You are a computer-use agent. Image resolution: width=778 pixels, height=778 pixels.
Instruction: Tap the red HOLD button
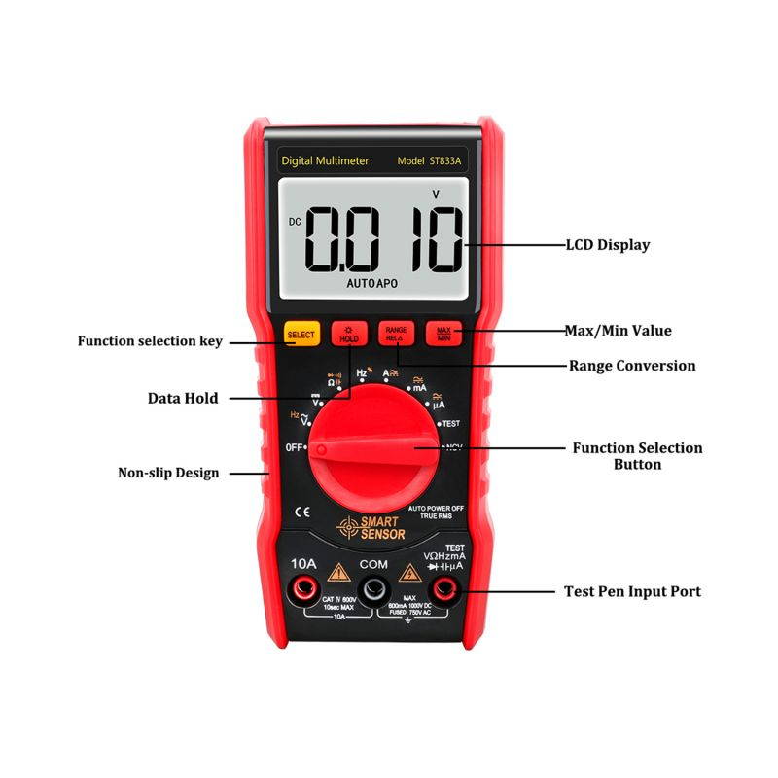(348, 334)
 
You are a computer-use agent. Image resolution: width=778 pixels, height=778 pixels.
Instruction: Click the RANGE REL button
(396, 334)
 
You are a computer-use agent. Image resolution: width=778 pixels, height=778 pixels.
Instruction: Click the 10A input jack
(302, 587)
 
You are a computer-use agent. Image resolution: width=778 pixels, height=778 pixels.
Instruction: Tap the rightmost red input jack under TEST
(445, 588)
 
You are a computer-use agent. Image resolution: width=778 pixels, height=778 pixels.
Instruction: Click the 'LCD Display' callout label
(607, 245)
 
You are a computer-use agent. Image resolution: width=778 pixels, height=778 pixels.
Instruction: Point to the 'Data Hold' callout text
(183, 398)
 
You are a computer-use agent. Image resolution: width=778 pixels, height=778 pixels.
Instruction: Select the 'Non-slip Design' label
(168, 473)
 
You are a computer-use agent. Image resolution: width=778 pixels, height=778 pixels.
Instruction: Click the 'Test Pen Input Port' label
(632, 591)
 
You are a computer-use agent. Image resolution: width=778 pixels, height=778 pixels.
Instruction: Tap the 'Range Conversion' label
(631, 366)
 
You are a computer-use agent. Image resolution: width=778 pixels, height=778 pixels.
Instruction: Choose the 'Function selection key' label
(150, 341)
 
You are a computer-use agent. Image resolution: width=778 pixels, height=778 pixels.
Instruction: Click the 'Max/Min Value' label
(618, 331)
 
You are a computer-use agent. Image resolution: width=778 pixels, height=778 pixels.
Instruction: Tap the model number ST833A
(445, 160)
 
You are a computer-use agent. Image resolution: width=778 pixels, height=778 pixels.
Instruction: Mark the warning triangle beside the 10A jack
(337, 572)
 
